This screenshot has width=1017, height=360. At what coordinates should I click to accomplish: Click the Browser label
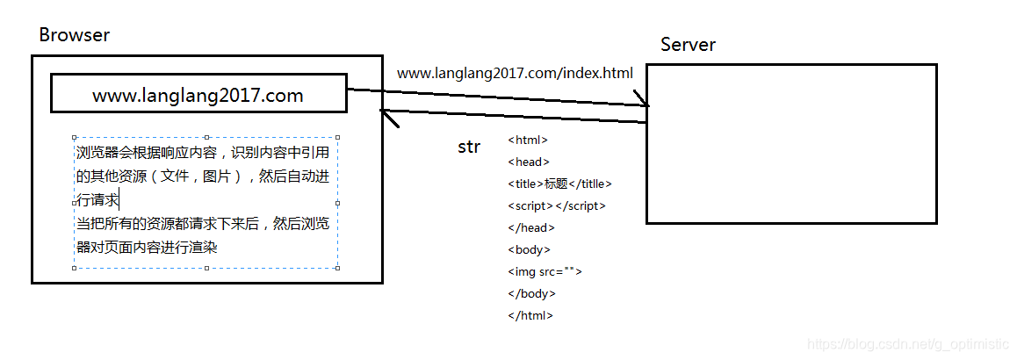(x=75, y=36)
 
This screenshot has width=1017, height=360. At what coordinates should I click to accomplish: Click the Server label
(x=688, y=45)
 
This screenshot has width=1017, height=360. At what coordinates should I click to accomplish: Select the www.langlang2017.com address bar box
(x=198, y=94)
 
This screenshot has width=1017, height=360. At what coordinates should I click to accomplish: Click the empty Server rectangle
(x=791, y=143)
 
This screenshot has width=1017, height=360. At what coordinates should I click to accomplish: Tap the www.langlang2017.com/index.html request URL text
(x=515, y=73)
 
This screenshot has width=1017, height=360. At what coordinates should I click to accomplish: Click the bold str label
(x=469, y=147)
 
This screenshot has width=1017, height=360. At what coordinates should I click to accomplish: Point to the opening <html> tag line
(x=528, y=140)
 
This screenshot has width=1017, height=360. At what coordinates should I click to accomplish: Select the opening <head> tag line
(x=529, y=162)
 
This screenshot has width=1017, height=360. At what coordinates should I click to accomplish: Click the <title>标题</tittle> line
(x=559, y=184)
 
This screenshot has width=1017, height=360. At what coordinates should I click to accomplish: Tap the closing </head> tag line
(x=530, y=227)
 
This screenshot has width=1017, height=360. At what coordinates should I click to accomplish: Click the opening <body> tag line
(x=529, y=249)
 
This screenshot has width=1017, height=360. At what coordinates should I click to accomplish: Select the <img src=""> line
(x=545, y=271)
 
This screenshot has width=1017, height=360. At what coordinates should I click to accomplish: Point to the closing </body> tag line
(x=531, y=293)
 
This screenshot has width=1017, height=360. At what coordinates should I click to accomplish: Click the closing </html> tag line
(x=530, y=315)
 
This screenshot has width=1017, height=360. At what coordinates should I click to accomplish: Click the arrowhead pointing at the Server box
(x=646, y=104)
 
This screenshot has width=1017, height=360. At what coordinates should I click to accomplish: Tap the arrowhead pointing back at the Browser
(x=384, y=111)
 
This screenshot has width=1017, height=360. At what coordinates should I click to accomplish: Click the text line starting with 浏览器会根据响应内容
(x=202, y=153)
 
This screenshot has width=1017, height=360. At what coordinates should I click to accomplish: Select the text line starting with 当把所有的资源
(x=202, y=224)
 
